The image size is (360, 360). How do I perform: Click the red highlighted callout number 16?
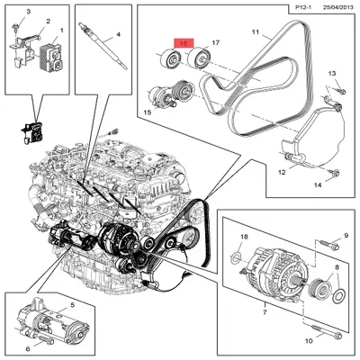point(184,42)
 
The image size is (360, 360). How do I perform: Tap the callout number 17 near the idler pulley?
point(215,43)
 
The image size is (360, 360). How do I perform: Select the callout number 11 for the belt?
point(255,32)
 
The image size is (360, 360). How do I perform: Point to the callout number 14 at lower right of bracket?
point(317,184)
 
